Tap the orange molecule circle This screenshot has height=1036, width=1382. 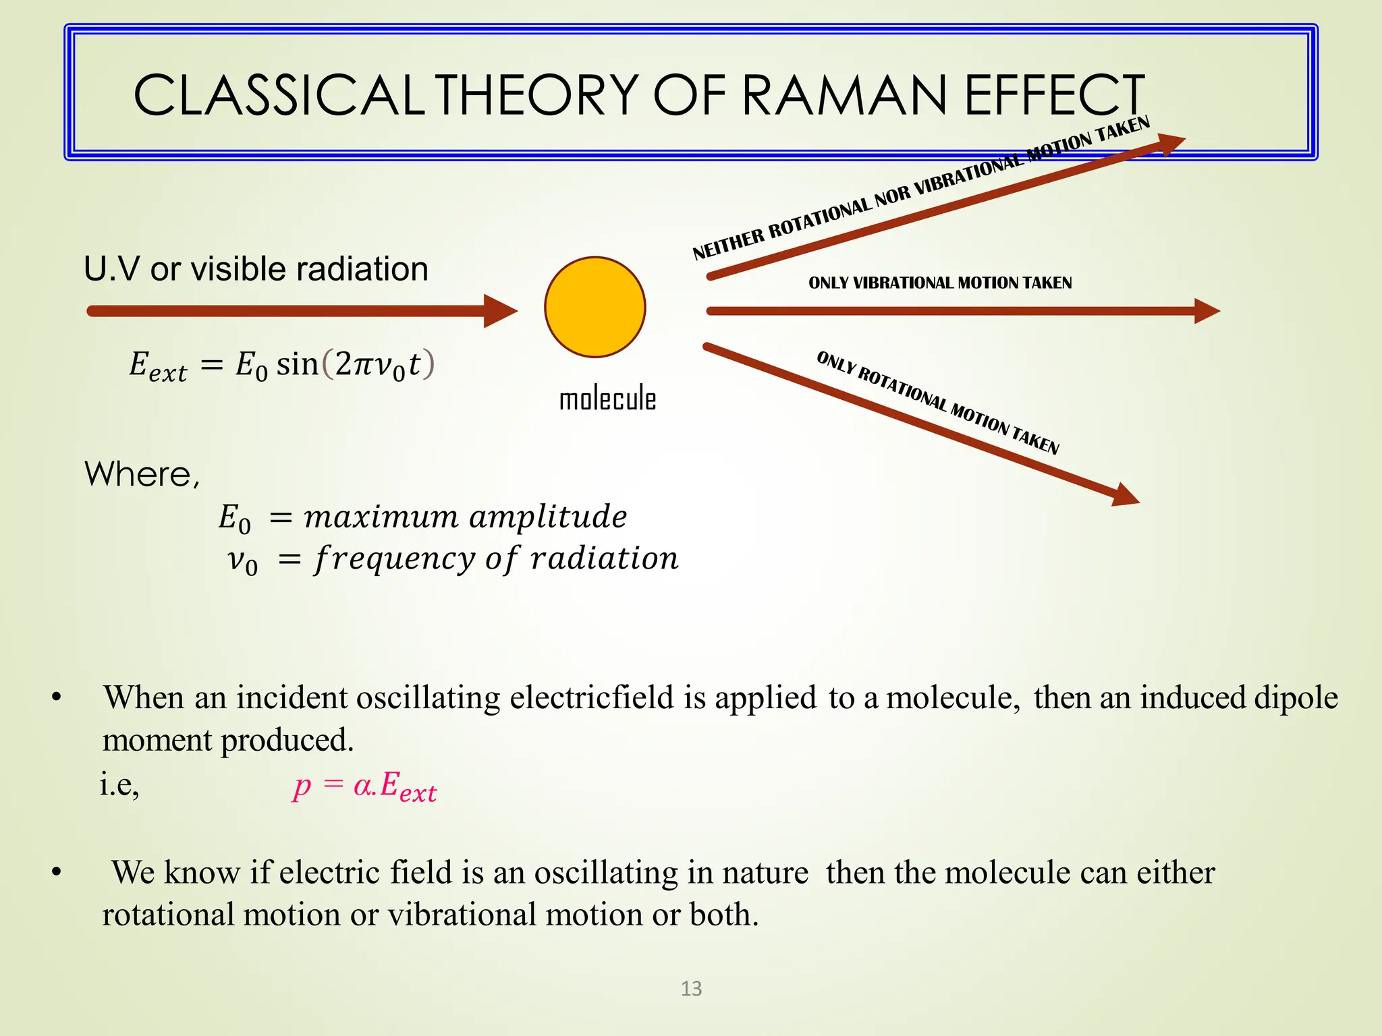point(595,307)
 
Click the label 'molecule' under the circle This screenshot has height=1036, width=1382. point(607,399)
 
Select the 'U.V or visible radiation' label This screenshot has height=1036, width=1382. point(256,268)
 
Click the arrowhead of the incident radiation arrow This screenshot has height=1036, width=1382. point(500,311)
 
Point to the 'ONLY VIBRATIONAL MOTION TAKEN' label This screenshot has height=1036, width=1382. point(940,283)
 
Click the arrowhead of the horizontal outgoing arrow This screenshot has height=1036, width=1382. point(1207,311)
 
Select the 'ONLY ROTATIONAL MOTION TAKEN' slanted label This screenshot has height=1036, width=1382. point(937,403)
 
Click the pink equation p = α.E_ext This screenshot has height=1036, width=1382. point(365,786)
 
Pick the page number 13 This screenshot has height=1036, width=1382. point(691,989)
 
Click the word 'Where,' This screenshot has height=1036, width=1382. point(142,474)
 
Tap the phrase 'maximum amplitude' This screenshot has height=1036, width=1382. point(465,517)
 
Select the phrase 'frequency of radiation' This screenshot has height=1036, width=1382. point(496,559)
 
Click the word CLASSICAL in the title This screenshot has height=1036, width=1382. point(279,95)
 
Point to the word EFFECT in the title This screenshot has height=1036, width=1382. point(1054,95)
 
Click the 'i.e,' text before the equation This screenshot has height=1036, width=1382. point(119,784)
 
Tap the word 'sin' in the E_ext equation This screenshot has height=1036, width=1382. point(297,364)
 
